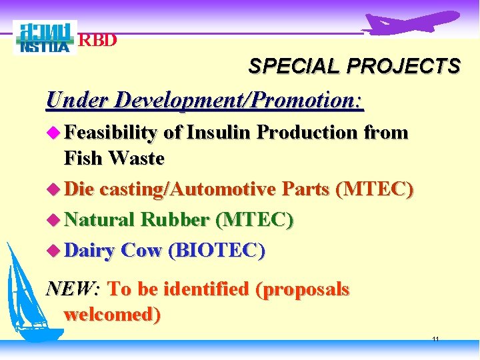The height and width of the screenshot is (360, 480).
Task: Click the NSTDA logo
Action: pos(45,37)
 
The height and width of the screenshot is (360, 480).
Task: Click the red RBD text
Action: pos(98,40)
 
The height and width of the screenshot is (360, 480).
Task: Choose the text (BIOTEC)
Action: pos(217,250)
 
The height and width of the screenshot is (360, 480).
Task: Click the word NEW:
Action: pos(73,289)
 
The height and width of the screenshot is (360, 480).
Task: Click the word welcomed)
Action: pos(112,314)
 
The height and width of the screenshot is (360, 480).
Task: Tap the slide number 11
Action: pos(435,339)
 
